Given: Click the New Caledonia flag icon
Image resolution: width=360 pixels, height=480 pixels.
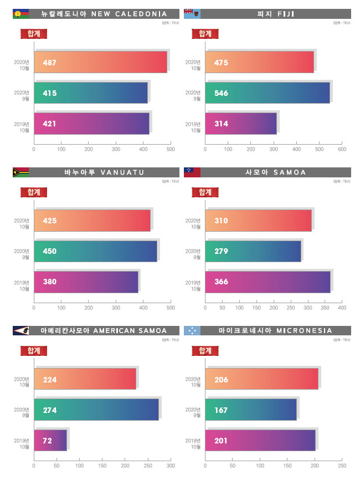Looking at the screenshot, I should click(20, 14).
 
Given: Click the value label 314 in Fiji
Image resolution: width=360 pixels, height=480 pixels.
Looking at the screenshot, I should click(221, 124).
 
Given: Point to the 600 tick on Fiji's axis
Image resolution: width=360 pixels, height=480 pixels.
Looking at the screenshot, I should click(342, 150).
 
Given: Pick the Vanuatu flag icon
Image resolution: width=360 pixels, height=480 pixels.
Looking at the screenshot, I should click(20, 172).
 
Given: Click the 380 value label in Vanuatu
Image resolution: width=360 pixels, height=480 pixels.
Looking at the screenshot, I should click(50, 282).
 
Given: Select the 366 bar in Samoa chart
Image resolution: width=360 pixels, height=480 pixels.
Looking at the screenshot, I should click(268, 282).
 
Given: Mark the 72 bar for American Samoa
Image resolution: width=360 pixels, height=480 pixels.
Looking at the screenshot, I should click(51, 441).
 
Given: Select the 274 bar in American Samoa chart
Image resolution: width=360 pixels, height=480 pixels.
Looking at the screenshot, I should click(97, 410).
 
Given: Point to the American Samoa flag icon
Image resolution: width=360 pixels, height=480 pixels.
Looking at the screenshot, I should click(20, 331).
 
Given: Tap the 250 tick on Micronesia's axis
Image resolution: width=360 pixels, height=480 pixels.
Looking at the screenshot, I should click(342, 466).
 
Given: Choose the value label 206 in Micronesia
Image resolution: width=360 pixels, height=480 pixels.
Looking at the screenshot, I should click(221, 380).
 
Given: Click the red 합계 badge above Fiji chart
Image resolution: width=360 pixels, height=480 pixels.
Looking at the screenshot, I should click(205, 34).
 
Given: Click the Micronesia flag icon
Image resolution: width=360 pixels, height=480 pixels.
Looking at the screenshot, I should click(192, 331).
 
